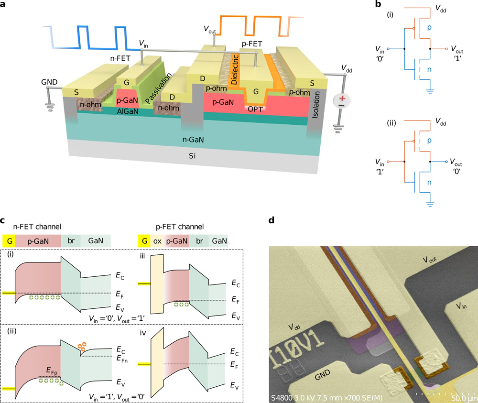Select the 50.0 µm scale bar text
click(462, 398)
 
